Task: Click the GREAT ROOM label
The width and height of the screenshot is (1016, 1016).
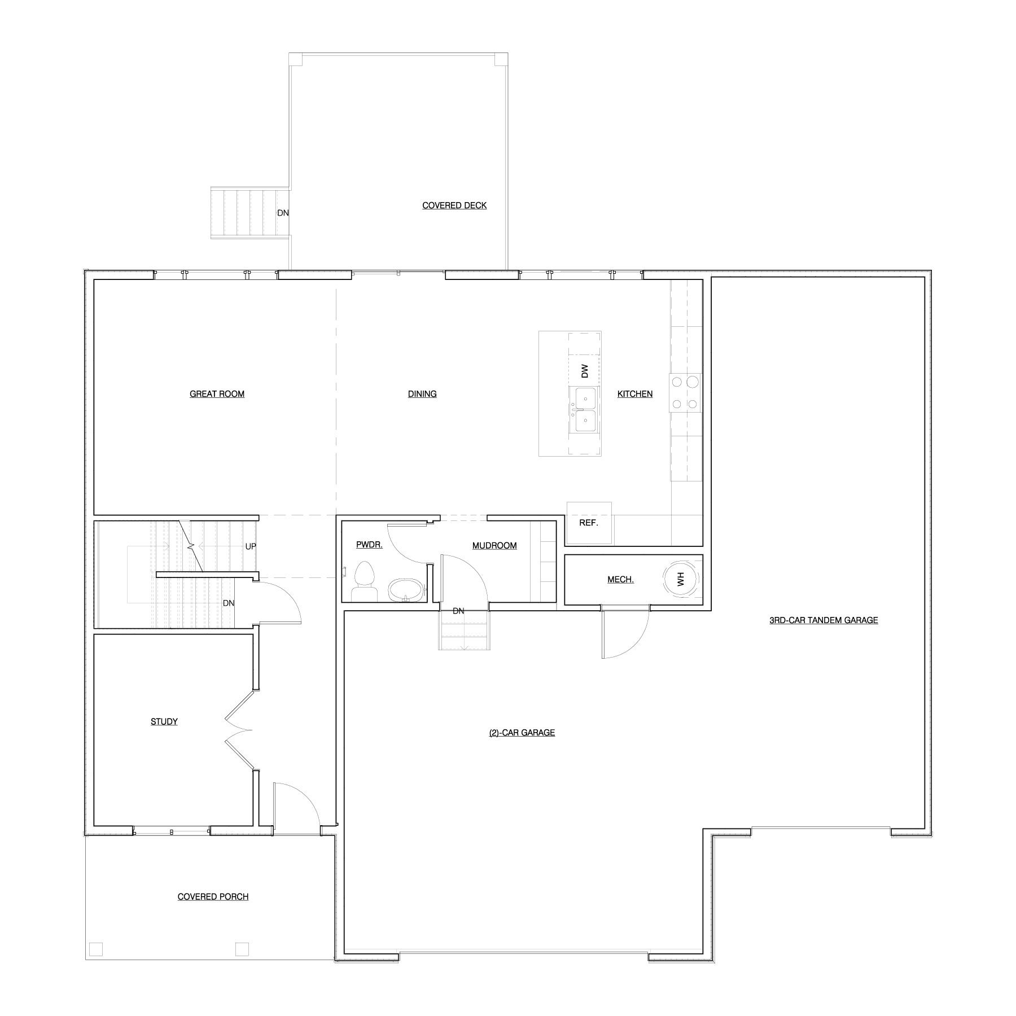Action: coord(217,394)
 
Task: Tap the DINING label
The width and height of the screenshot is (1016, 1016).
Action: coord(422,394)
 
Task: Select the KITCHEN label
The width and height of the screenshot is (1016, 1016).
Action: coord(635,394)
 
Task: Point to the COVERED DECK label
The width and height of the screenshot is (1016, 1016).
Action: coord(454,205)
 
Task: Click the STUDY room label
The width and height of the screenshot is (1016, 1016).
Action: coord(164,721)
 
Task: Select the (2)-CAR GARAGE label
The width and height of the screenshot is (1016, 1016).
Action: coord(522,733)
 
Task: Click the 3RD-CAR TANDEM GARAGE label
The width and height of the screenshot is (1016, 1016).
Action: coord(824,620)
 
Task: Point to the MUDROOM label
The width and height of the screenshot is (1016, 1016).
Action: coord(494,546)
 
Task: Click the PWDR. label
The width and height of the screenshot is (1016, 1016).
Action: coord(369,545)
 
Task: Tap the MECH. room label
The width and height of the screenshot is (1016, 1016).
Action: coord(620,580)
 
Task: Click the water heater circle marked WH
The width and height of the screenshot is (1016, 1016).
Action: coord(680,578)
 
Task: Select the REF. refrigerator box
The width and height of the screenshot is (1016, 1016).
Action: coord(589,523)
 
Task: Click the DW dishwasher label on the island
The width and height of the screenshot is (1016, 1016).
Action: coord(585,371)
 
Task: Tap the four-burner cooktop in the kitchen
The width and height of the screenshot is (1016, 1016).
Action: coord(685,393)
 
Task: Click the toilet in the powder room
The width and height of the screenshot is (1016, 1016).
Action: coord(365,582)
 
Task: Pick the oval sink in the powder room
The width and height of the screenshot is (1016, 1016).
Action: coord(405,590)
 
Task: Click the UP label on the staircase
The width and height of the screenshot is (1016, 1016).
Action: coord(251,546)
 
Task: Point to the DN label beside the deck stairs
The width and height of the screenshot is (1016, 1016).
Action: coord(283,213)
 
